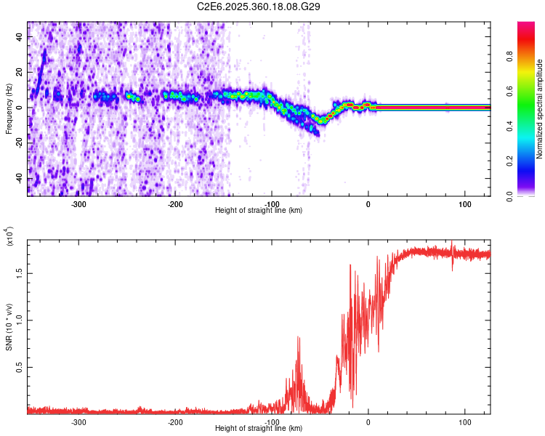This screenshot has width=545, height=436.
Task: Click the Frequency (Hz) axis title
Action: (9, 109)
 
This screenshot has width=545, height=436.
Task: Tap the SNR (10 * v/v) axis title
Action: (9, 327)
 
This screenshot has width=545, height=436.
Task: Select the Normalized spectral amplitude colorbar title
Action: (540, 109)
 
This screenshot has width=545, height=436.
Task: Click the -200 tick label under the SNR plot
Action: (175, 421)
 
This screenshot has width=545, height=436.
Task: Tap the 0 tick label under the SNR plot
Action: (368, 421)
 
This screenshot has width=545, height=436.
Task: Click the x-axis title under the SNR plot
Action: (259, 429)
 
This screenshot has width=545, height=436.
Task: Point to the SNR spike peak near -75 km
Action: (298, 337)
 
